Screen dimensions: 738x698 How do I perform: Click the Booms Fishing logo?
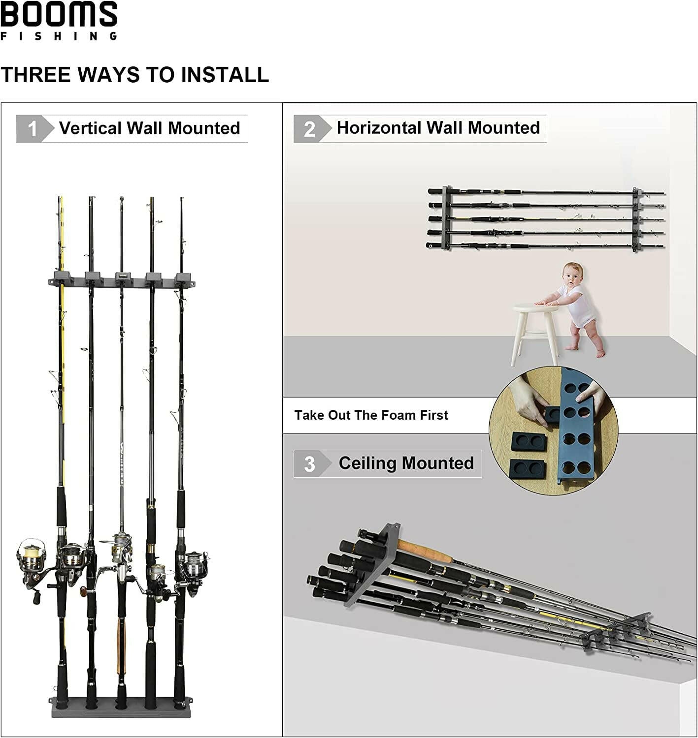click(x=59, y=20)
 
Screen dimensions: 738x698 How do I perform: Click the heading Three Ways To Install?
click(x=134, y=75)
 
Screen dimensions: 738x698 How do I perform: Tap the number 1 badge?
click(x=33, y=129)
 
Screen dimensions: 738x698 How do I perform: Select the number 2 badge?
click(x=310, y=129)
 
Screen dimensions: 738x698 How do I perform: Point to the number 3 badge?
click(x=309, y=464)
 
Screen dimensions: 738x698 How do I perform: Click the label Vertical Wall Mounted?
click(x=149, y=128)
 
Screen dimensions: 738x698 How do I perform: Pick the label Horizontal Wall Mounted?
click(x=438, y=128)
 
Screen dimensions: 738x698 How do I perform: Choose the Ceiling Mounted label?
click(x=406, y=463)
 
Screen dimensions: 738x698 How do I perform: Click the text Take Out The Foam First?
click(x=371, y=415)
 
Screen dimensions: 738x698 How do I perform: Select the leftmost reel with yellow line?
click(x=31, y=556)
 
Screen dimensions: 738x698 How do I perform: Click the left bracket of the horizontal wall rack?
click(x=446, y=217)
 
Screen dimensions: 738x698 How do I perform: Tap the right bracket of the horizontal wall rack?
click(x=636, y=219)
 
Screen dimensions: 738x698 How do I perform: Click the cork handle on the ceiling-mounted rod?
click(x=424, y=551)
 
